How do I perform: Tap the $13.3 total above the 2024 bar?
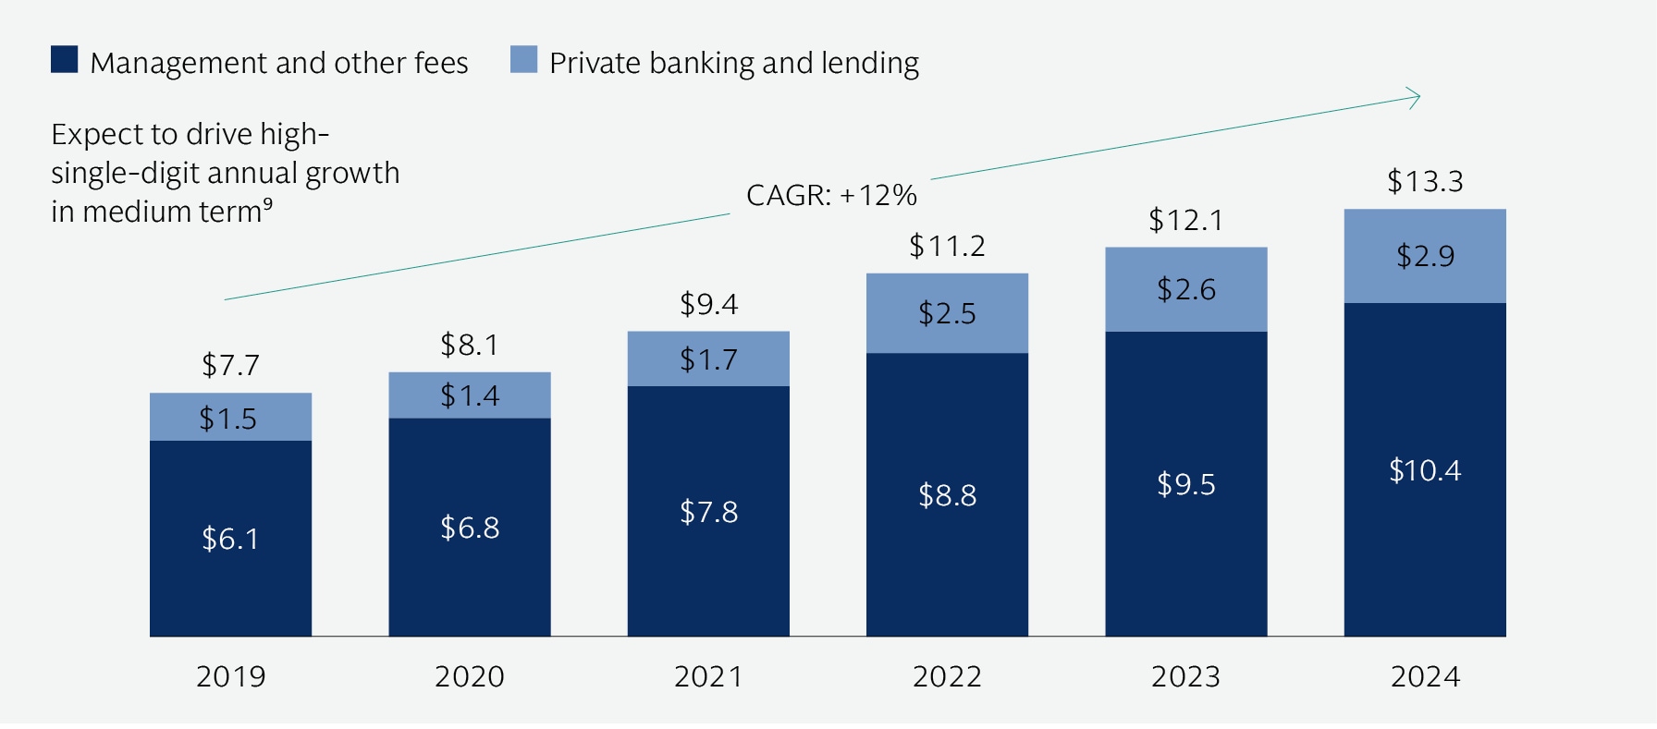[1425, 181]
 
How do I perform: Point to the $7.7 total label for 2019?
[230, 365]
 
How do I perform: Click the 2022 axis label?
[947, 676]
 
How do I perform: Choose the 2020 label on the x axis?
[470, 676]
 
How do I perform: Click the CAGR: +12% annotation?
[831, 195]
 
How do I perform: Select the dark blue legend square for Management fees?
[65, 60]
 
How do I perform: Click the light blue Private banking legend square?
[523, 60]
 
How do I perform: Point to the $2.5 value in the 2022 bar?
[947, 313]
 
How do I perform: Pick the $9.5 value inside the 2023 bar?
[1186, 484]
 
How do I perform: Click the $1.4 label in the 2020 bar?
[470, 395]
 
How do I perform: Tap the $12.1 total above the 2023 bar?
[1185, 220]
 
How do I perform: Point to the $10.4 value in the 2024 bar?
[1425, 470]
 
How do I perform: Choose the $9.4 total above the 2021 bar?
[708, 304]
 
